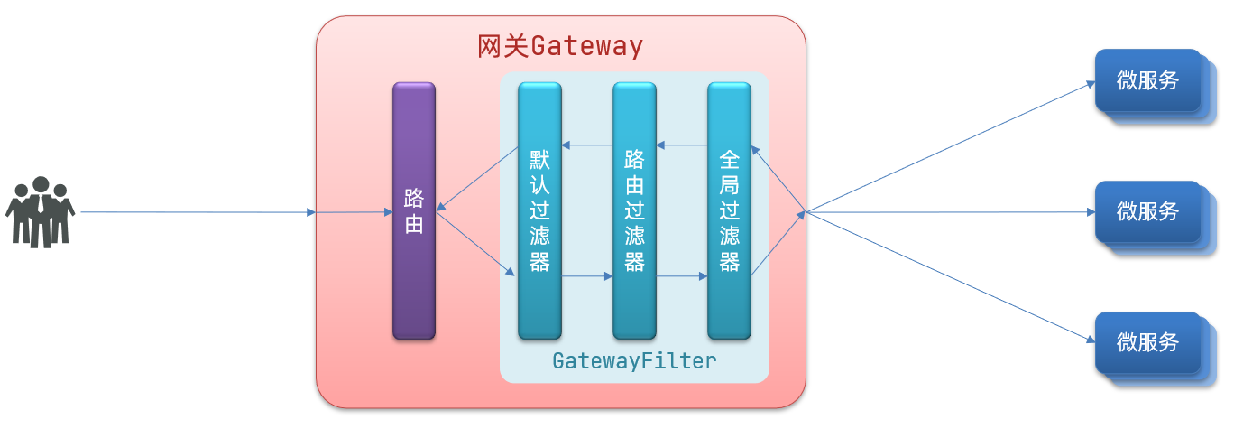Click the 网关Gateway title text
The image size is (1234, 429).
coord(560,46)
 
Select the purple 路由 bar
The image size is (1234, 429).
coord(414,210)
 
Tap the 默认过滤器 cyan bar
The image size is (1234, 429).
coord(539,210)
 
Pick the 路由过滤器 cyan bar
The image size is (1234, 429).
coord(634,210)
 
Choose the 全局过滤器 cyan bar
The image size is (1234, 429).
coord(729,210)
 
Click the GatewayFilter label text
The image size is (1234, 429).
coord(634,361)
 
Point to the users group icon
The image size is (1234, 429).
coord(40,212)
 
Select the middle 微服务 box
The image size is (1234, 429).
coord(1147,211)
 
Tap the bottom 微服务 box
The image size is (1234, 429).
coord(1147,342)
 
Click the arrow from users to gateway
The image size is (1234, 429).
coord(198,212)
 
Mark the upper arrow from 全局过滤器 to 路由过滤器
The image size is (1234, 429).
coord(682,145)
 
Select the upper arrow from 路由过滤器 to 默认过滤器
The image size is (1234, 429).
coord(587,145)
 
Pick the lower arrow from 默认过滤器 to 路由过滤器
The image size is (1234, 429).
coord(587,277)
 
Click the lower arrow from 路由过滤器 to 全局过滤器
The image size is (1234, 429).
coord(682,277)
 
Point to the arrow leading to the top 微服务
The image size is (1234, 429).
coord(947,150)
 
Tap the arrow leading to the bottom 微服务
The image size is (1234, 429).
coord(947,276)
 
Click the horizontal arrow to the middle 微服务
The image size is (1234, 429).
coord(947,212)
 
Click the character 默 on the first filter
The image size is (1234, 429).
coord(539,162)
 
